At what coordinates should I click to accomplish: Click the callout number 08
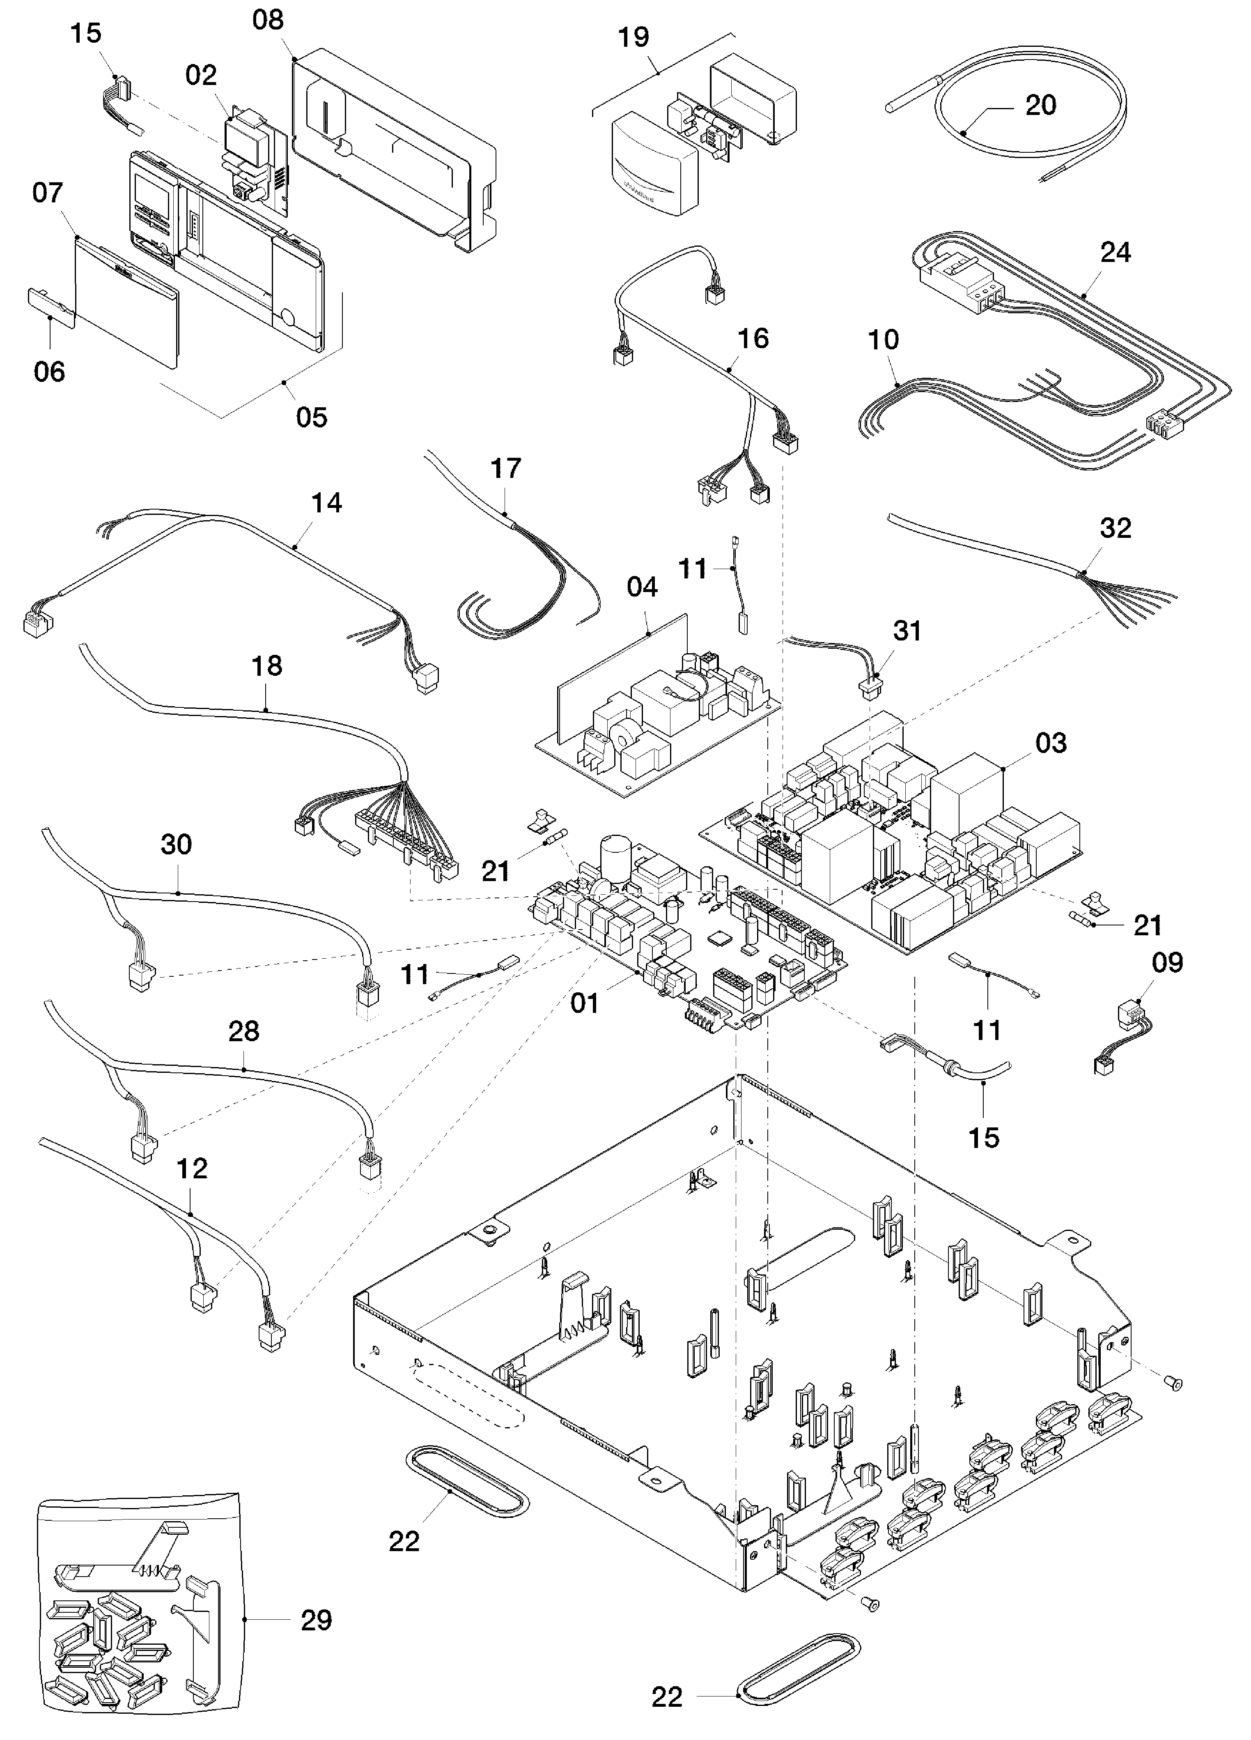coord(268,20)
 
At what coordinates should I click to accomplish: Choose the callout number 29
coord(316,1621)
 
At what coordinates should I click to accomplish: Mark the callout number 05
coord(311,418)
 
